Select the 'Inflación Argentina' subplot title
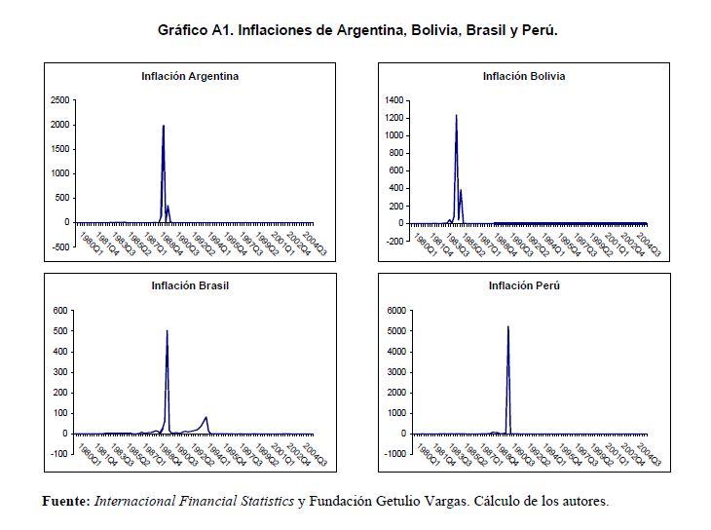coord(190,76)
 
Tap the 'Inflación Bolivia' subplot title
coord(524,76)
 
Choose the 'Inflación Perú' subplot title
coord(524,285)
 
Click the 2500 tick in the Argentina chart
coord(59,99)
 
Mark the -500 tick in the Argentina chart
coord(59,246)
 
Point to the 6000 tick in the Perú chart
coord(394,311)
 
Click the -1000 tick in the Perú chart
coord(393,454)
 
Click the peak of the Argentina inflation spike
coord(164,125)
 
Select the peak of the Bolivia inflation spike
coord(456,115)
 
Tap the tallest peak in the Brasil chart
coord(168,331)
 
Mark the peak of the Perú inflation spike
coord(508,326)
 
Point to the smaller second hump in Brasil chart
coord(206,417)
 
